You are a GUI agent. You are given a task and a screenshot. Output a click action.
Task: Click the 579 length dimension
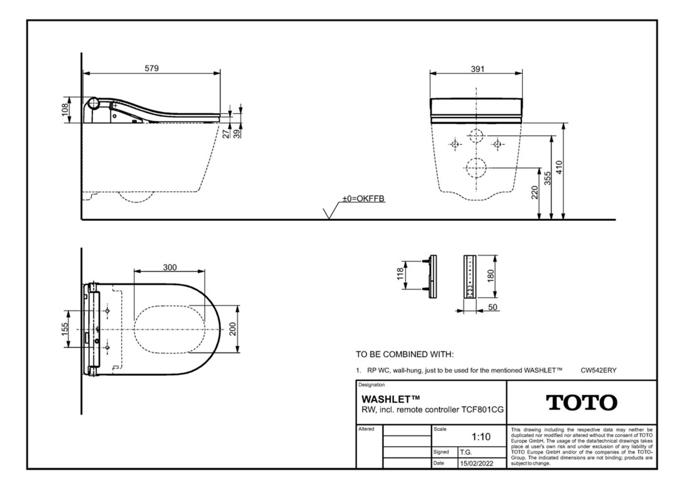152,68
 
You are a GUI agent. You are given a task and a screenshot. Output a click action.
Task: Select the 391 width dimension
477,69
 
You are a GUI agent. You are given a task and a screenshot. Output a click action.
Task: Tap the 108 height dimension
65,109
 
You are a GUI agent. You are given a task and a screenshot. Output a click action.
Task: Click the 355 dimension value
547,178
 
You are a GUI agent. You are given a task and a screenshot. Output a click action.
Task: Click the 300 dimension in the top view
170,267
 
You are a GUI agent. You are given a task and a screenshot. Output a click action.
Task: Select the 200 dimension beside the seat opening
233,329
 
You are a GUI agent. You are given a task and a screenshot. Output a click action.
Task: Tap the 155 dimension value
65,329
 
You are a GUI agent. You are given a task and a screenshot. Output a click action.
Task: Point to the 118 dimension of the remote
400,274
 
